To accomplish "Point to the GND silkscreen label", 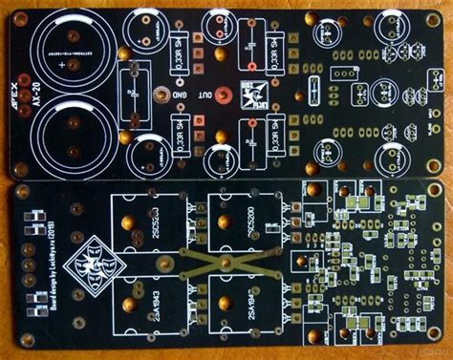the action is [179, 95].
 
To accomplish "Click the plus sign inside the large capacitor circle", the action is [64, 68].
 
